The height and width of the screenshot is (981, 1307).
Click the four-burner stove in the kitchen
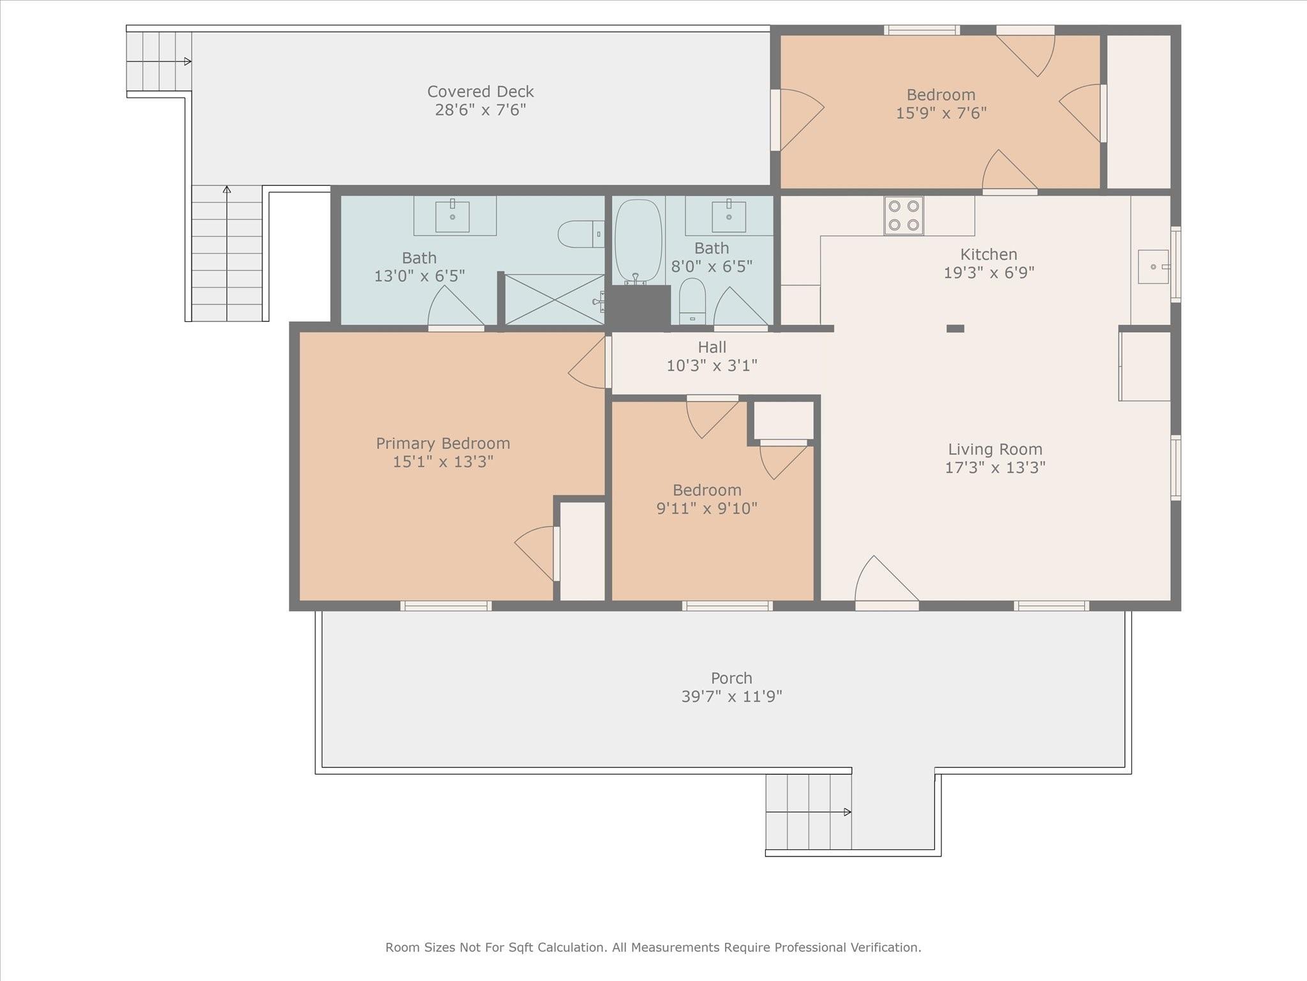click(904, 215)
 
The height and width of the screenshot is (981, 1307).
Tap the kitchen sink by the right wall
click(1154, 266)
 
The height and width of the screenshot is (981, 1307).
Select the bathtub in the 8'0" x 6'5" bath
click(638, 241)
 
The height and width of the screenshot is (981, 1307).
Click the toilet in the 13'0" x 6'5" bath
click(581, 234)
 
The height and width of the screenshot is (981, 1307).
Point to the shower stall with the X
click(555, 300)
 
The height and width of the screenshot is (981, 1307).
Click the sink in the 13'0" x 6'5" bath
click(452, 216)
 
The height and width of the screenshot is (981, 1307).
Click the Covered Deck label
click(481, 91)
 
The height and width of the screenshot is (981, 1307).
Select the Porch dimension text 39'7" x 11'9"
click(732, 696)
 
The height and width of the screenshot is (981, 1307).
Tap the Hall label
click(712, 347)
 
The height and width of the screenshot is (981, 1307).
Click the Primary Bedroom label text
click(443, 443)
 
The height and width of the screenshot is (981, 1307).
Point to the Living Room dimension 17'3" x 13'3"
click(995, 468)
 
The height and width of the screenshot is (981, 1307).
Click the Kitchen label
click(989, 254)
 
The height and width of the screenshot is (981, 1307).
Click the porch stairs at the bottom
click(809, 812)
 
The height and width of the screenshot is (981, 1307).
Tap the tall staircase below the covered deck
click(227, 254)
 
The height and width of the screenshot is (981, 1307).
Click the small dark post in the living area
click(955, 328)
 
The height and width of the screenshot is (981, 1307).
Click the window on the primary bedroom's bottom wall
click(446, 606)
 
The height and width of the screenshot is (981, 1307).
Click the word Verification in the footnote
click(885, 947)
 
